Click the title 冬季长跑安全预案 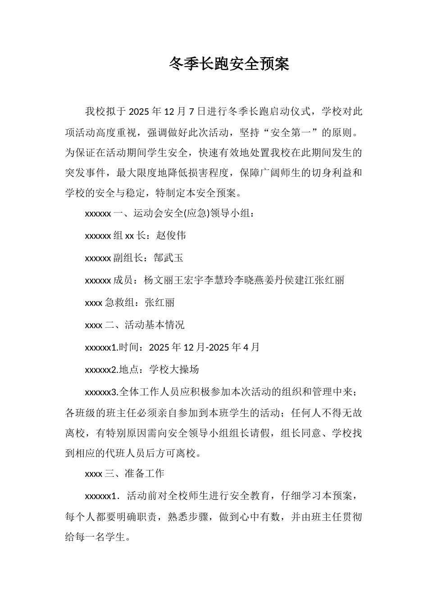pyautogui.click(x=229, y=64)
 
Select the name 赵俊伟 pyautogui.click(x=171, y=235)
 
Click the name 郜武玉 pyautogui.click(x=168, y=258)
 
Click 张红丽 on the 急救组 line pyautogui.click(x=160, y=302)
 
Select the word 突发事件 pyautogui.click(x=85, y=173)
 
